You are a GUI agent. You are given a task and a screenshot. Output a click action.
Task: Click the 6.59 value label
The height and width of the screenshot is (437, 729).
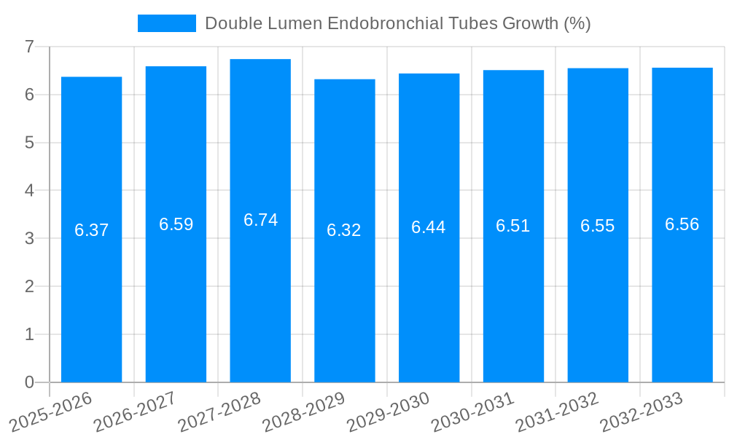coord(176,224)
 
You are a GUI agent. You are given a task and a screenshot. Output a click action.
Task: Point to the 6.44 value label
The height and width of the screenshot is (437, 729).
coord(429,227)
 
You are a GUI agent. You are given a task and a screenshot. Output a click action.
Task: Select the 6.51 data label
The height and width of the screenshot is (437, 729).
coord(513,226)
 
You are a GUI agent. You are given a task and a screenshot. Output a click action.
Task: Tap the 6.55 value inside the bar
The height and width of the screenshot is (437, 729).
coord(598,226)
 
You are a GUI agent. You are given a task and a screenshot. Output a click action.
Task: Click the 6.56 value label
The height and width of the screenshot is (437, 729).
coord(682,224)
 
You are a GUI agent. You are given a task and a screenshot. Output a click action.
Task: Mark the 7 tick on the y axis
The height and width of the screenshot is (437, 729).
coord(29,47)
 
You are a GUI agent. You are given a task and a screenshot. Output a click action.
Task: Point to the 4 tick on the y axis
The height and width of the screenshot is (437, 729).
coord(29,191)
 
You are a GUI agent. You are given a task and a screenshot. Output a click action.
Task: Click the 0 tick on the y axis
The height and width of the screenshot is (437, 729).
coord(29,382)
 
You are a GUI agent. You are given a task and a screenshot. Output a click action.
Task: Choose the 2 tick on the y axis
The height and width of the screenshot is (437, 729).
coord(29,286)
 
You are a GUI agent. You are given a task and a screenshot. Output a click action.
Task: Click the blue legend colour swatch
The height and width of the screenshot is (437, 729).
coord(167,23)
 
